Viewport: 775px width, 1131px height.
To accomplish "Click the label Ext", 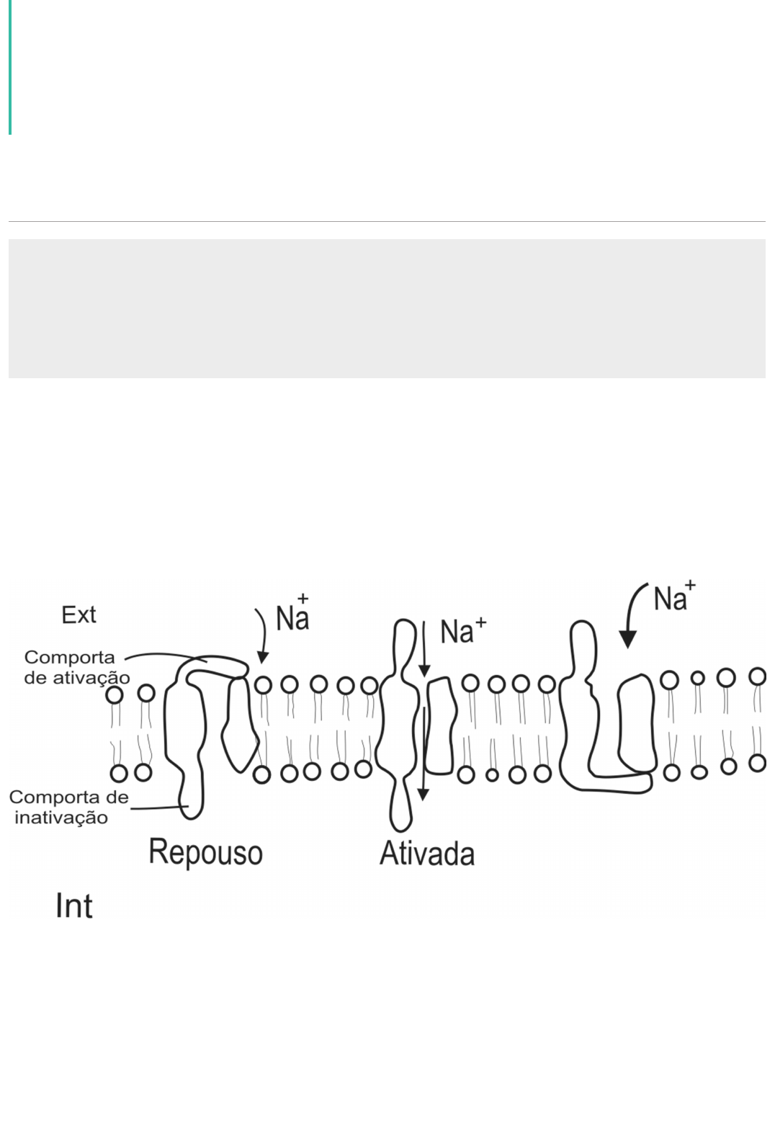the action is (x=79, y=614).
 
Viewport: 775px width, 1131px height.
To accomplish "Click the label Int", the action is (x=73, y=906).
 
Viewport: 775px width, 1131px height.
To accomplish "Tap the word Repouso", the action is (x=205, y=851).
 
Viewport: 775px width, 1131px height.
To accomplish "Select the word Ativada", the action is (x=426, y=854).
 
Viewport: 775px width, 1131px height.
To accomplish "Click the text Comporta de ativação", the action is (x=76, y=667).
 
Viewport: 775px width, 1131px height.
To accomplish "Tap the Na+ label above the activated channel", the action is (x=463, y=631).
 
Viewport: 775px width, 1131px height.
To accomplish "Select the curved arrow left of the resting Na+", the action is (x=262, y=634).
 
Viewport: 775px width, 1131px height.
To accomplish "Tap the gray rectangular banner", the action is (x=387, y=308).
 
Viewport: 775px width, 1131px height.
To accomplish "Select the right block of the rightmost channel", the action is (x=637, y=723).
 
